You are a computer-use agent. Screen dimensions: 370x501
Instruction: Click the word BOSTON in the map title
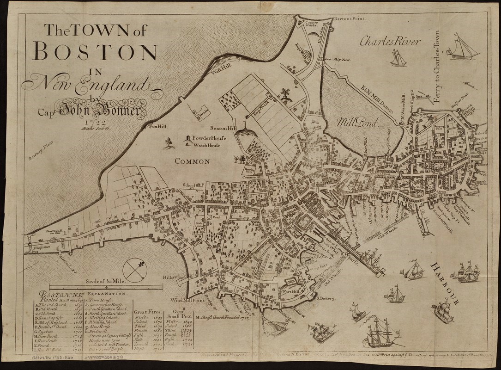coord(95,52)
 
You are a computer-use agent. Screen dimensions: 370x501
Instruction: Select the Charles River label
coord(390,42)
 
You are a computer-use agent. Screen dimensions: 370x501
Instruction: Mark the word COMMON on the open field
coord(192,161)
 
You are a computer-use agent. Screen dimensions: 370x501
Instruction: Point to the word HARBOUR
coord(445,283)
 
